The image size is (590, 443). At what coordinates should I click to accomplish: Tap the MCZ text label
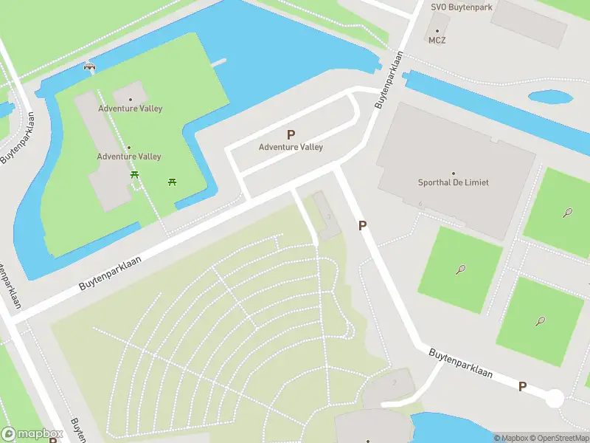pos(437,41)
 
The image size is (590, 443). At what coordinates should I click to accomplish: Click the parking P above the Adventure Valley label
pos(291,134)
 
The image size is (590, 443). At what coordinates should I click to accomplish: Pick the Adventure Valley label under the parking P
pos(291,147)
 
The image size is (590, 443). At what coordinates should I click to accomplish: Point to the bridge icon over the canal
pos(90,67)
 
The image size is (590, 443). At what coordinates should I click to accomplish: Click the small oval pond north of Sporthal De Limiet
pos(551,97)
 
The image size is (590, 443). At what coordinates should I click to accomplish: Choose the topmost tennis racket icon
pos(567,213)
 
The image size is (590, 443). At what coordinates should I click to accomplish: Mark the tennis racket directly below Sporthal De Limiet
pos(461,269)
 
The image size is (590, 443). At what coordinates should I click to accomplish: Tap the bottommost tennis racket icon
pos(541,321)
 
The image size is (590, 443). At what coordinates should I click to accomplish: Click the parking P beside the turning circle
pos(522,386)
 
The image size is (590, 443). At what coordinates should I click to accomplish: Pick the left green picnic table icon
pos(135,174)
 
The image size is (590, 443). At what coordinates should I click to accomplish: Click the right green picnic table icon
pos(172,181)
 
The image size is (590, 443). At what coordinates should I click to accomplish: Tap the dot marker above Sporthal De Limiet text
pos(453,173)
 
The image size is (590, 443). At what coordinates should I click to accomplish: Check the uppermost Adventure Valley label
pos(131,109)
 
